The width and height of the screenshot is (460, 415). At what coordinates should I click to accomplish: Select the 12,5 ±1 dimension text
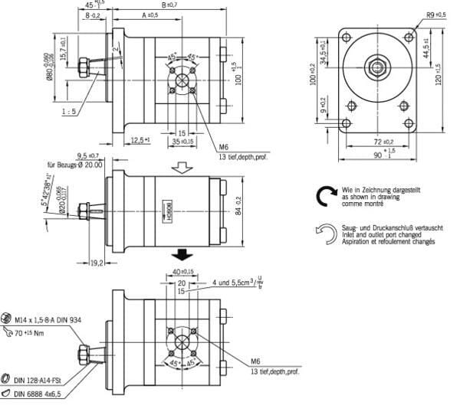[140, 140]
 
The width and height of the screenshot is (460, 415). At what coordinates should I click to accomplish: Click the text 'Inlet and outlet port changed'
[381, 236]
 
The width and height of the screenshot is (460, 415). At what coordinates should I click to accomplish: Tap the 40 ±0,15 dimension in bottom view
[182, 270]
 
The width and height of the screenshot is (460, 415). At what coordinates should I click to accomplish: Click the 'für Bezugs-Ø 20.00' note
[75, 165]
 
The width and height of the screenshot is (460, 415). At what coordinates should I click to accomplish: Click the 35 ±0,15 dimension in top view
[182, 142]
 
